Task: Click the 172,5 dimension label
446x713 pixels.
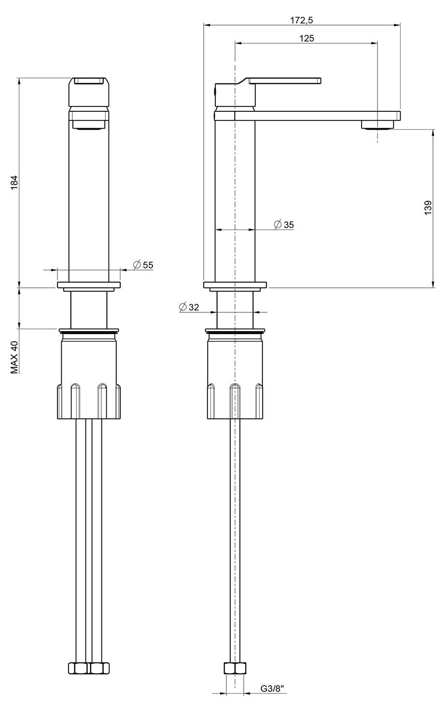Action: [x=301, y=20]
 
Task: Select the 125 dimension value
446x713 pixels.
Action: [x=307, y=39]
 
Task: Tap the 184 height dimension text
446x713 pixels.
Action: [x=14, y=183]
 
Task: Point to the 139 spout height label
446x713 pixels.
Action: [x=428, y=207]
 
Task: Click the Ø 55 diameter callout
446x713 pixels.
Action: [x=143, y=265]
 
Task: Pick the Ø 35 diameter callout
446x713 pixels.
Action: [x=284, y=225]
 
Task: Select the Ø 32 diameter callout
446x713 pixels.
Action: [x=189, y=307]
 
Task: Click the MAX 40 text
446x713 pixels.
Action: [x=14, y=357]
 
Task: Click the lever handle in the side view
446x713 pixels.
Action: [x=284, y=81]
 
